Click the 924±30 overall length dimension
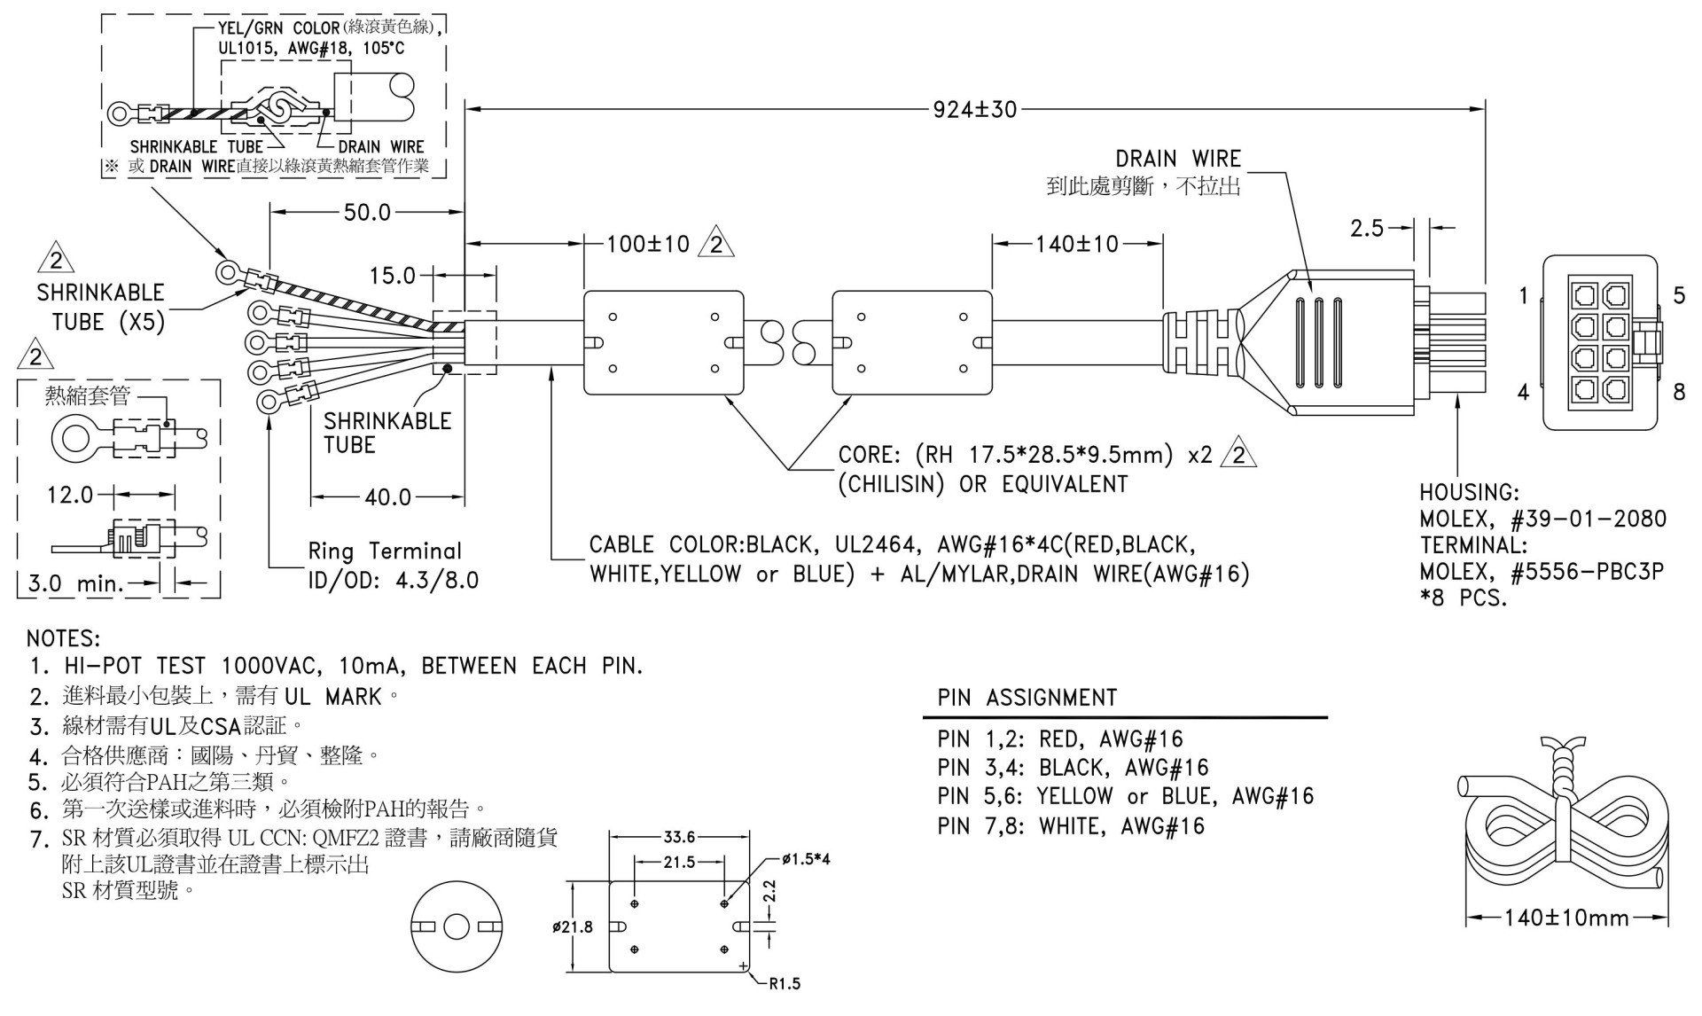(x=974, y=110)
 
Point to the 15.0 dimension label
(x=393, y=276)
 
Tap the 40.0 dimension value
(x=388, y=497)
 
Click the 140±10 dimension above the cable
(x=1077, y=244)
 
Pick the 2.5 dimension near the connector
(x=1367, y=228)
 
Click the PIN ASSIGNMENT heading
(x=1027, y=698)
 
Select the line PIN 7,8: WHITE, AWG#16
(x=1071, y=826)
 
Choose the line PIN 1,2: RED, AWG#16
(x=1060, y=739)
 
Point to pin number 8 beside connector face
(x=1679, y=391)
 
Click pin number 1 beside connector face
(x=1523, y=295)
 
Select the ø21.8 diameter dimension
(x=572, y=927)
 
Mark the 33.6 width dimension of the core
(x=680, y=836)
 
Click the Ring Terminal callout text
(x=385, y=551)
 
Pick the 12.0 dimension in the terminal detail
(x=70, y=495)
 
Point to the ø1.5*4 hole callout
(x=807, y=860)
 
